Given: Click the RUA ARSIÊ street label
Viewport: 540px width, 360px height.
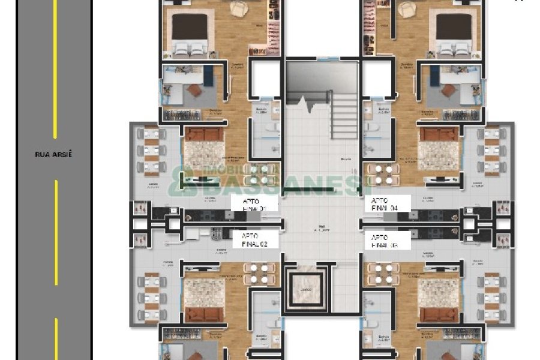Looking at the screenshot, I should pyautogui.click(x=53, y=154).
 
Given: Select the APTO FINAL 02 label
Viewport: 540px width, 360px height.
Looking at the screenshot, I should pyautogui.click(x=254, y=240).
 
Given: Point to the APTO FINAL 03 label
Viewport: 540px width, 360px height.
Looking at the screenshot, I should pyautogui.click(x=385, y=241).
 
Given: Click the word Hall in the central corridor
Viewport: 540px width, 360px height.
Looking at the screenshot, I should pyautogui.click(x=322, y=227).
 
